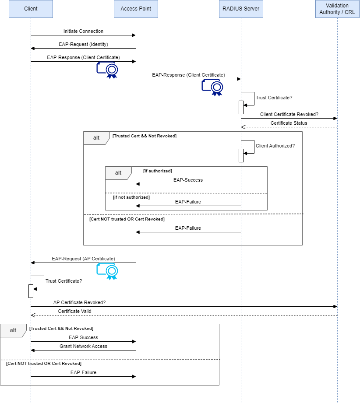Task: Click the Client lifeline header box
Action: [31, 9]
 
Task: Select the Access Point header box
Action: [136, 9]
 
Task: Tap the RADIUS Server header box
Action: [241, 9]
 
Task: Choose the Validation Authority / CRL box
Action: [337, 9]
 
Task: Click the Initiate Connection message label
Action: [83, 31]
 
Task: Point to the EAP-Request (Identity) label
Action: [83, 44]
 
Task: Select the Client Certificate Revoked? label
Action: [289, 114]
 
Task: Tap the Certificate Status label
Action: [289, 123]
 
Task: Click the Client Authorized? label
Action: [275, 146]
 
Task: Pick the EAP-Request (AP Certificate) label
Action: [83, 259]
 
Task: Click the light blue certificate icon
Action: [108, 271]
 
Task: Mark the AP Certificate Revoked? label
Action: [79, 302]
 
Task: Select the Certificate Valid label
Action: [74, 311]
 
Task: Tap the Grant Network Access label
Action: [83, 346]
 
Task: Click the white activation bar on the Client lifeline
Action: [31, 291]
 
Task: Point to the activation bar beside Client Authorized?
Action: [241, 155]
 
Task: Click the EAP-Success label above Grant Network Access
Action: [83, 337]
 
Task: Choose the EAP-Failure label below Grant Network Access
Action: [83, 372]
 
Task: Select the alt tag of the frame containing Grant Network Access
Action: [13, 330]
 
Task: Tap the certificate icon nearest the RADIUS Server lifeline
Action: [212, 87]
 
